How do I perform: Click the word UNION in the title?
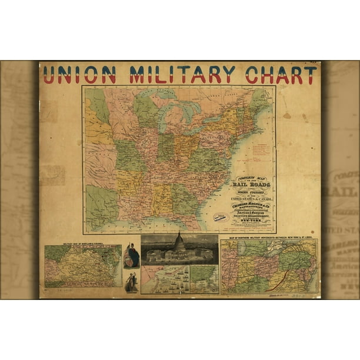coord(79,75)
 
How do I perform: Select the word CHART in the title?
coord(281,75)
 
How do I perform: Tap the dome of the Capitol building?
coord(179,241)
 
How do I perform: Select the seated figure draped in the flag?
coord(132,256)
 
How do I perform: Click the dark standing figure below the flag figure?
coord(131,282)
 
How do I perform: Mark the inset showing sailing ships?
coord(165,279)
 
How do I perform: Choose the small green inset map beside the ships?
coord(204,279)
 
